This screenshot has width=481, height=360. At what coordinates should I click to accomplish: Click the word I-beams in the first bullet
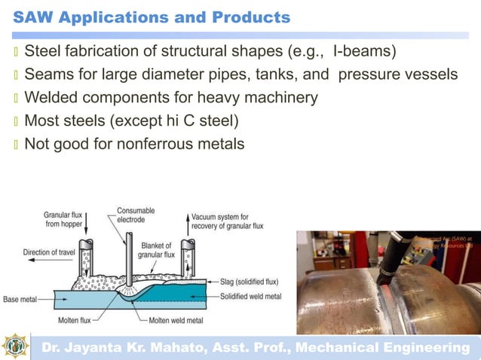364,52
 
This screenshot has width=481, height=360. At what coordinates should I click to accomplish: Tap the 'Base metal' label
20,299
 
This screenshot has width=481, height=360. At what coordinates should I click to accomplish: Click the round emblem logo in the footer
15,346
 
